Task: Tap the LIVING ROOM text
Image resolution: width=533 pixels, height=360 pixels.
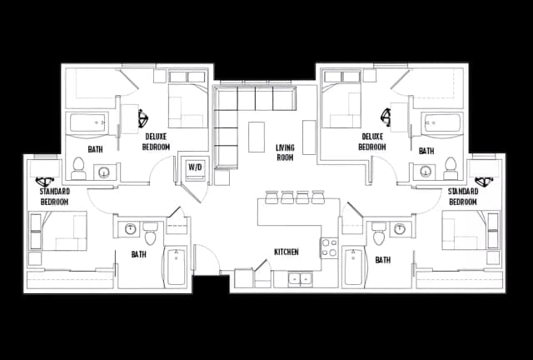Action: (286, 152)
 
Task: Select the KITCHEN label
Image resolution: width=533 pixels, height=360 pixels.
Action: (286, 252)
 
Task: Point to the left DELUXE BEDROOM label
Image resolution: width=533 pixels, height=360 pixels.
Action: (157, 142)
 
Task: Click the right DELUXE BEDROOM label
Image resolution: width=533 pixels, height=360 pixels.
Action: (372, 141)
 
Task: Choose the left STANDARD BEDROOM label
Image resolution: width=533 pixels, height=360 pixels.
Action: (55, 197)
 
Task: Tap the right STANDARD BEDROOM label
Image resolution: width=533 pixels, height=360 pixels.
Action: (462, 197)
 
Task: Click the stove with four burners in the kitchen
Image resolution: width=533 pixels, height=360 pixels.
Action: (329, 248)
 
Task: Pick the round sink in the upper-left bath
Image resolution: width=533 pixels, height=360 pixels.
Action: (104, 173)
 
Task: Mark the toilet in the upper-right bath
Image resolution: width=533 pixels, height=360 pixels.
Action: (451, 168)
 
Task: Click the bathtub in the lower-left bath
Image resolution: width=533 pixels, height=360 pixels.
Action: (177, 267)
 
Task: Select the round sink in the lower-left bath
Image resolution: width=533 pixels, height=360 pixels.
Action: (131, 228)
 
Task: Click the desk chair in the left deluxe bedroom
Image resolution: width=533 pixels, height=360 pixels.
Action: (143, 116)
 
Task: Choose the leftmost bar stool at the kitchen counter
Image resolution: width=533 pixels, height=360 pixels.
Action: (271, 197)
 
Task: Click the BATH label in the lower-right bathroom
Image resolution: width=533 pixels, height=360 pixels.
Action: (382, 260)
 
